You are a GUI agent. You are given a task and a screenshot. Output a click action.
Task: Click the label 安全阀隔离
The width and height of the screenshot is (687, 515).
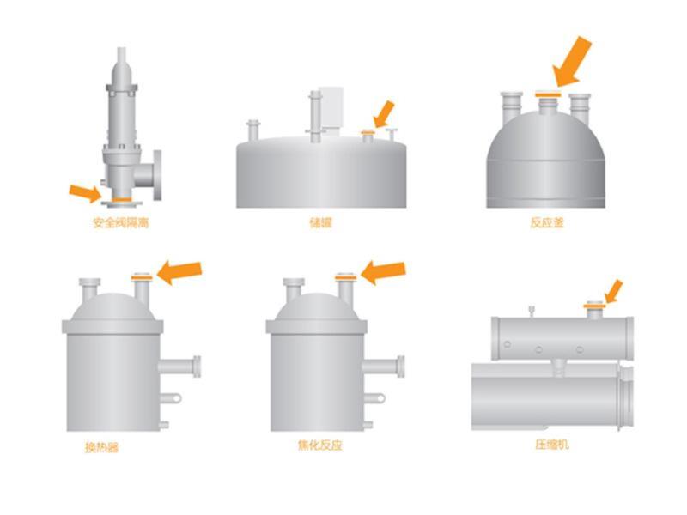tap(121, 222)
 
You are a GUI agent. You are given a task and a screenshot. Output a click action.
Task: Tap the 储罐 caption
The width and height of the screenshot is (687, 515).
tap(320, 222)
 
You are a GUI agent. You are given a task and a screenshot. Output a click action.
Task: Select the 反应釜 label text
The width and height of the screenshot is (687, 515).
tap(547, 222)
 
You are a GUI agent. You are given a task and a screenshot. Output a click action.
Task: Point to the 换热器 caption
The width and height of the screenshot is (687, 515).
tap(101, 447)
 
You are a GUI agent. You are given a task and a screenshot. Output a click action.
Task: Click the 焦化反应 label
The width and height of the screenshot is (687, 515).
tap(319, 445)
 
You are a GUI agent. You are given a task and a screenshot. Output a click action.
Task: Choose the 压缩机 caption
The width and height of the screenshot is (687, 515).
tap(552, 445)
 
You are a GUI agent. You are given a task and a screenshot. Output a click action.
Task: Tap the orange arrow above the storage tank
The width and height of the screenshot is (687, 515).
tap(384, 114)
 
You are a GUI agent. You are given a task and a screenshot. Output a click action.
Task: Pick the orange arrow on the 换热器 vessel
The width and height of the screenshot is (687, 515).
tap(179, 272)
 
